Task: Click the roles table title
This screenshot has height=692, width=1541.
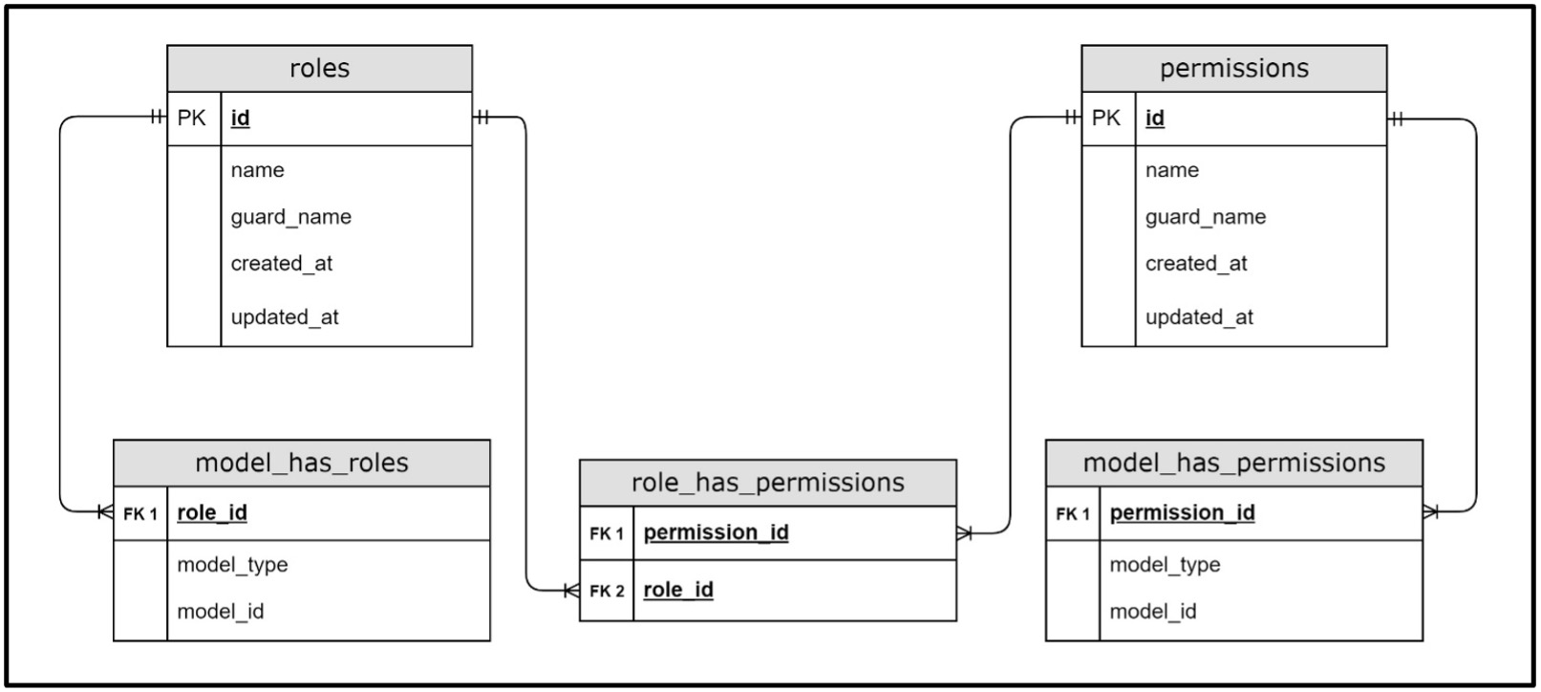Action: pyautogui.click(x=319, y=68)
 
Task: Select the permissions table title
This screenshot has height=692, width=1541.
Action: pyautogui.click(x=1234, y=69)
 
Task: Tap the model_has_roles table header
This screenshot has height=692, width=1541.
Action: pyautogui.click(x=302, y=463)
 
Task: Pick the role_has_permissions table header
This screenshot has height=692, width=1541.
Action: pyautogui.click(x=768, y=483)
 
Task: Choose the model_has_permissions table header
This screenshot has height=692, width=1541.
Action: pyautogui.click(x=1234, y=463)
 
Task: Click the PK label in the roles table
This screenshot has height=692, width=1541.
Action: pyautogui.click(x=191, y=119)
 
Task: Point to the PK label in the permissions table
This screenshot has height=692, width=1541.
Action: pyautogui.click(x=1106, y=119)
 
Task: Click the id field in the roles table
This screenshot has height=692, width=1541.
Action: pyautogui.click(x=240, y=119)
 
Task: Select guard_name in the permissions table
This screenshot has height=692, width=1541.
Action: pyautogui.click(x=1206, y=217)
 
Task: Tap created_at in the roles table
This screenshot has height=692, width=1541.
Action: pyautogui.click(x=282, y=264)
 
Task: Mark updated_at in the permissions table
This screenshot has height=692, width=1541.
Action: pyautogui.click(x=1199, y=317)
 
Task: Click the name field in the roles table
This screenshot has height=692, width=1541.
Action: pyautogui.click(x=257, y=170)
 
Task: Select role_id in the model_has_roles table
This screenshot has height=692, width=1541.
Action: pyautogui.click(x=212, y=513)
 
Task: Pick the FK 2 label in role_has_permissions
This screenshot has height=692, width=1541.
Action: pyautogui.click(x=607, y=591)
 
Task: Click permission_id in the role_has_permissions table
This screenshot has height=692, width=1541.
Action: pyautogui.click(x=716, y=533)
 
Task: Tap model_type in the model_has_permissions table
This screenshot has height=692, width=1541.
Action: pyautogui.click(x=1165, y=565)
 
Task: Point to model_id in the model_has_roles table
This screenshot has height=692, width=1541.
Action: pyautogui.click(x=220, y=612)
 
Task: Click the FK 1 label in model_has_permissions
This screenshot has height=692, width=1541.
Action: pyautogui.click(x=1073, y=513)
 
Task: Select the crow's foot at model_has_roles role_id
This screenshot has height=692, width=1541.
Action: pyautogui.click(x=106, y=511)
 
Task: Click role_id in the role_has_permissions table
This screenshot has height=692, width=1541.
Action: pyautogui.click(x=678, y=590)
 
